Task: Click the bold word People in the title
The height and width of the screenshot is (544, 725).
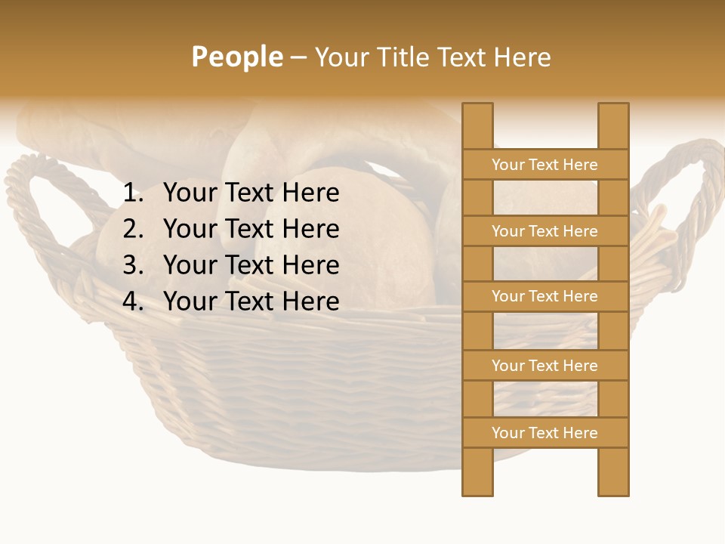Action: click(236, 57)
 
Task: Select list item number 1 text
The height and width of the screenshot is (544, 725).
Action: click(251, 193)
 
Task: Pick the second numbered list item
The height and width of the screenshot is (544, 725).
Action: click(251, 229)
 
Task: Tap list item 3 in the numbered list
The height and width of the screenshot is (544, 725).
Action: click(251, 265)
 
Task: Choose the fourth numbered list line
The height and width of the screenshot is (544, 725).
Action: click(251, 301)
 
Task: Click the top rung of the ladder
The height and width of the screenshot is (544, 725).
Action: click(545, 165)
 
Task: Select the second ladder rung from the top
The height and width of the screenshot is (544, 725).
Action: click(545, 231)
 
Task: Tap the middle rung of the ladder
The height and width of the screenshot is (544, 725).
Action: click(545, 296)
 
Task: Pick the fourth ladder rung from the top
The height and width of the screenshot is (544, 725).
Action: click(545, 366)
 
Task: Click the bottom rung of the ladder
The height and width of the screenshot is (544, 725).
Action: click(545, 433)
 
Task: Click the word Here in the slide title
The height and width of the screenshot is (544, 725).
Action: click(519, 57)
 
